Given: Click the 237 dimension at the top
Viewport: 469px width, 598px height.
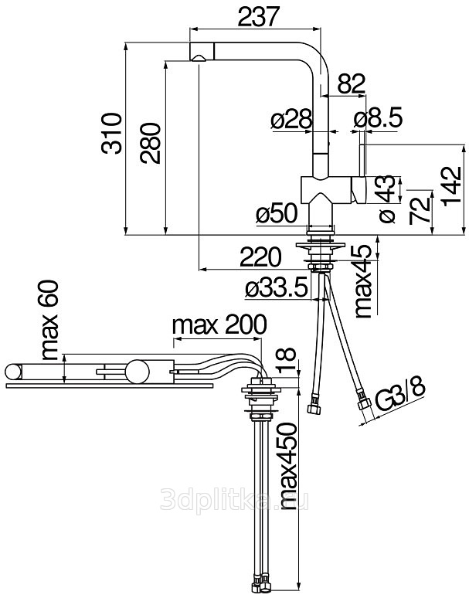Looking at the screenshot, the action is pyautogui.click(x=259, y=16).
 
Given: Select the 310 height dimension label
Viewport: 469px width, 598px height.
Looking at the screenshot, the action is pyautogui.click(x=112, y=133).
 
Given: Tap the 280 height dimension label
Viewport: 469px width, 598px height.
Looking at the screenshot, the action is pyautogui.click(x=150, y=143).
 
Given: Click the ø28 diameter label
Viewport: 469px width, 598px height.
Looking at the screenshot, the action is pyautogui.click(x=292, y=120).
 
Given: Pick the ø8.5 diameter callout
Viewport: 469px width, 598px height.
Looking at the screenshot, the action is pyautogui.click(x=378, y=120).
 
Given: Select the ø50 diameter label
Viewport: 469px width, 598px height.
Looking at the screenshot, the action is pyautogui.click(x=277, y=212).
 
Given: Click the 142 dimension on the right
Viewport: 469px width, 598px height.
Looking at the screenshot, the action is pyautogui.click(x=453, y=185).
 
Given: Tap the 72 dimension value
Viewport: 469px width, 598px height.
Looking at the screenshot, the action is pyautogui.click(x=420, y=210).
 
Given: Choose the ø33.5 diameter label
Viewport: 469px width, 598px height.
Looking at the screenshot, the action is pyautogui.click(x=276, y=288).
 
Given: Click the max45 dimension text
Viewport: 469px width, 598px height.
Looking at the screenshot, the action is pyautogui.click(x=363, y=281).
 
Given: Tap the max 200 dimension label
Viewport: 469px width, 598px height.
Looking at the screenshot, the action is pyautogui.click(x=219, y=325).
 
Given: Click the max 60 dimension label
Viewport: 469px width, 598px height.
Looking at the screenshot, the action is pyautogui.click(x=49, y=321).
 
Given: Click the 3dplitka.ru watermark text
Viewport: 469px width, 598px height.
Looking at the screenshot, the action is pyautogui.click(x=234, y=500).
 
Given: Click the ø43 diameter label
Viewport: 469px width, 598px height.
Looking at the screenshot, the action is pyautogui.click(x=387, y=199).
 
